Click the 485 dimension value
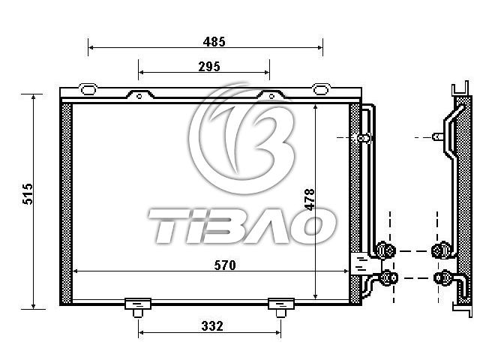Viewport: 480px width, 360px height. tap(214, 42)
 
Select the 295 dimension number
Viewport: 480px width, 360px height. tap(209, 67)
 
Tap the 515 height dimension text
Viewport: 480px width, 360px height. tap(28, 194)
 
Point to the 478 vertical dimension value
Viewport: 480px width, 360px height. tap(310, 199)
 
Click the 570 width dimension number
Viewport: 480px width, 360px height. tap(225, 265)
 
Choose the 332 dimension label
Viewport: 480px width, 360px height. tap(212, 326)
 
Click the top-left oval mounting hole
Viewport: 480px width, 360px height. tap(88, 89)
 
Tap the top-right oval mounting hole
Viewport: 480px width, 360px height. tap(320, 89)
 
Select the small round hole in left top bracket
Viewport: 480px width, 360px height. tap(139, 97)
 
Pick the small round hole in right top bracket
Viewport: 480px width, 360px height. tap(271, 97)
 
